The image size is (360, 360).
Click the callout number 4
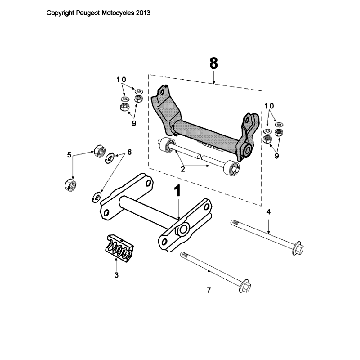point(268,212)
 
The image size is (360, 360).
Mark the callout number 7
point(207,290)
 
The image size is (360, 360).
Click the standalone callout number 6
point(129,152)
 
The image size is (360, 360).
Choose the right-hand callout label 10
point(269,105)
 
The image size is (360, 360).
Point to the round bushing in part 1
point(182,233)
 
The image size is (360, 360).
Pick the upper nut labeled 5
point(99,151)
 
